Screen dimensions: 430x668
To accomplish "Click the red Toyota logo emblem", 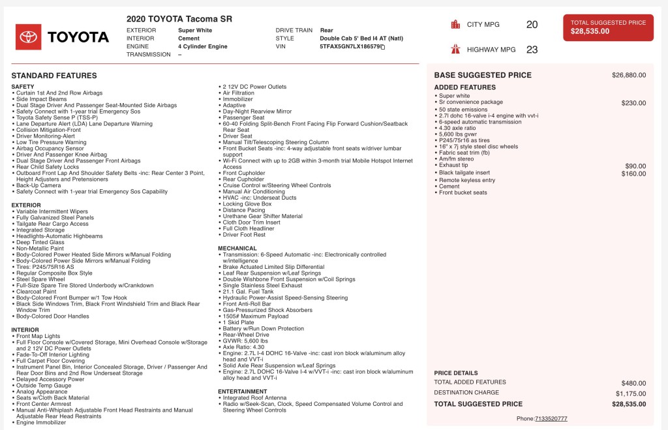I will [28, 37].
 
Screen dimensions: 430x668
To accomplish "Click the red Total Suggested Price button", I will [608, 27].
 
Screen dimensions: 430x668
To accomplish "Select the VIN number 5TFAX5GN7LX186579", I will [350, 47].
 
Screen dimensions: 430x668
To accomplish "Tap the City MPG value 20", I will [532, 25].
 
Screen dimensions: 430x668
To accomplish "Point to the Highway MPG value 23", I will [532, 49].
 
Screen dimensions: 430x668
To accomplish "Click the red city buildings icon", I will [455, 25].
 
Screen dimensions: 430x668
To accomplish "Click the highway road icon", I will [455, 49].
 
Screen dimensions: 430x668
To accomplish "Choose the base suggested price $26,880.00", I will [628, 75].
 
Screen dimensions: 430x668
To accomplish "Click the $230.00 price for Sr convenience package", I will [633, 102].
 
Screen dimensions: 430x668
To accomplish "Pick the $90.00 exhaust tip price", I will [635, 166].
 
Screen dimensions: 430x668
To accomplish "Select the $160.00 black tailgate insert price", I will [633, 174].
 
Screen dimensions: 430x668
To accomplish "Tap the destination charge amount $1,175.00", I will [630, 393].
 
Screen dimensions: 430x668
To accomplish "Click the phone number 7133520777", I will [551, 418].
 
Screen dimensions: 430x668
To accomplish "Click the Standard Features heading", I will [54, 76].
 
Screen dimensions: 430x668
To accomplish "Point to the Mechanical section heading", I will [237, 248].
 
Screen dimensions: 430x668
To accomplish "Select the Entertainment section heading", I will [243, 392].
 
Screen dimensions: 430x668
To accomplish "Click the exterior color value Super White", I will [195, 30].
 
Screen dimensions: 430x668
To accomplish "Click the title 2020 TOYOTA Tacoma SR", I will [179, 19].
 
